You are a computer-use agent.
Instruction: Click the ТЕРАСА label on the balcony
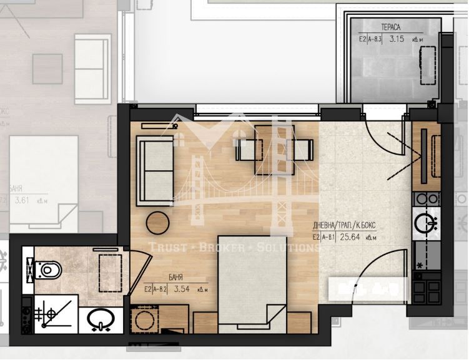(390, 26)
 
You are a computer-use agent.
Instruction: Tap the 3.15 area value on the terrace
(396, 39)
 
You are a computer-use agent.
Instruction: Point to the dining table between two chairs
(274, 149)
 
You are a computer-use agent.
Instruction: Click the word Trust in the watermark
(167, 248)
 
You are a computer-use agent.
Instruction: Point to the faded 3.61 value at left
(22, 200)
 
